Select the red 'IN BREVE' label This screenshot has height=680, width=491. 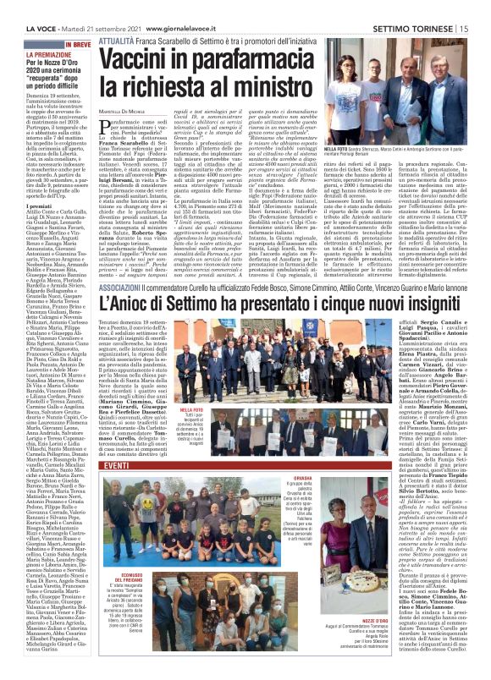tap(75, 20)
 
